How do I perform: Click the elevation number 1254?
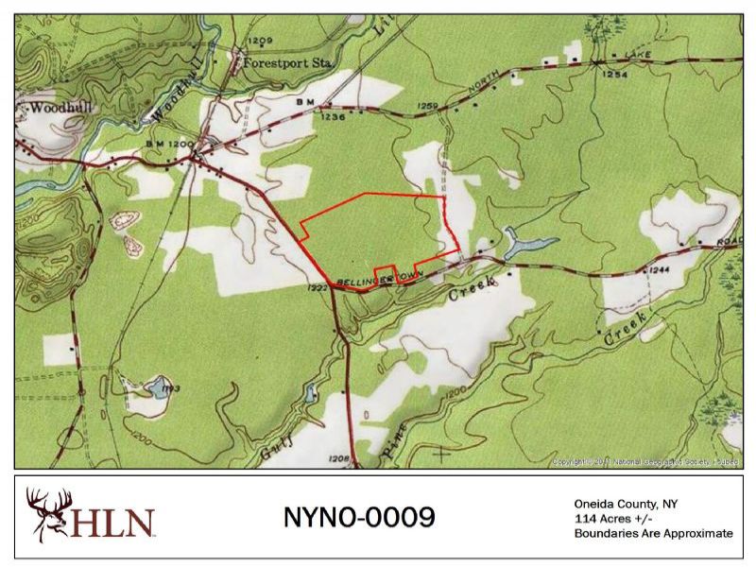click(x=615, y=74)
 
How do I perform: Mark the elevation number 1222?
click(x=318, y=287)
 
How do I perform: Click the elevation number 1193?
click(x=170, y=387)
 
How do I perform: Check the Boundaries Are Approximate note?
click(x=653, y=533)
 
